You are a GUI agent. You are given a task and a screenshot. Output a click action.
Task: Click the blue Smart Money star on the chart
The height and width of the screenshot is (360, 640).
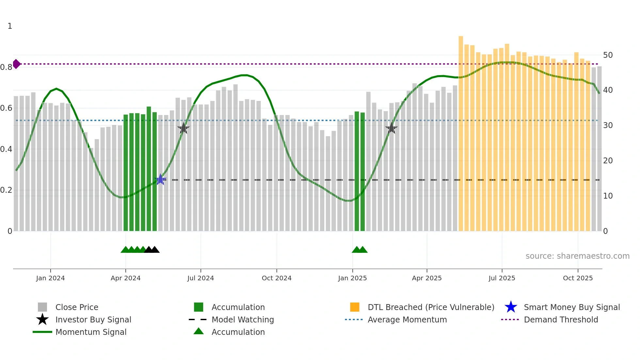coord(160,179)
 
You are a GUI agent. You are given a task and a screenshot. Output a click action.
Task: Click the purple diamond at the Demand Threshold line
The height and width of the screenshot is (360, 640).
coord(16,64)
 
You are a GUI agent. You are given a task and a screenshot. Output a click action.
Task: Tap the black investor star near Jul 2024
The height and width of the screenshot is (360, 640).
coord(184,128)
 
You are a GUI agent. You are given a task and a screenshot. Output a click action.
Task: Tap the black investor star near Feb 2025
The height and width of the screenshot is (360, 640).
coord(391,128)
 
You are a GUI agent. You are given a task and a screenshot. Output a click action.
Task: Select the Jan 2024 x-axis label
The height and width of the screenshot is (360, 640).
coord(50,278)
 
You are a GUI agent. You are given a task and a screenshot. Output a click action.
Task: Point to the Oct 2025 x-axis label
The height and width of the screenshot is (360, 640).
coord(578,278)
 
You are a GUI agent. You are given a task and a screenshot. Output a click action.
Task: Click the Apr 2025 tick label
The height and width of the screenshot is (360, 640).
coord(426,278)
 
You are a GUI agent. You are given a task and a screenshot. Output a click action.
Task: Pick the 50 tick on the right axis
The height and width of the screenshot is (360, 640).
coord(608,55)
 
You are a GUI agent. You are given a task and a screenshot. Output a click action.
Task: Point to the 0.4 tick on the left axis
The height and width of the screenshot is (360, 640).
coord(6,149)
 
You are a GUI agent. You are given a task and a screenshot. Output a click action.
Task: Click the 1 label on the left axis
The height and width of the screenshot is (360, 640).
coord(10,26)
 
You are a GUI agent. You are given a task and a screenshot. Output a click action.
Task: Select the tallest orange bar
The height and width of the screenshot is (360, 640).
coord(461,131)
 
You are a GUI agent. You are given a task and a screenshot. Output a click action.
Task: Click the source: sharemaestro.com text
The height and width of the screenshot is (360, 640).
coord(577,256)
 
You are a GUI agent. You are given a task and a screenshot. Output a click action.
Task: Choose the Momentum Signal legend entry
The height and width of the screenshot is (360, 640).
coord(91,332)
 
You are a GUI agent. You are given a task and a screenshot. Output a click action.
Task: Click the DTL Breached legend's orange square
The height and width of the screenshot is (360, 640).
coord(355,307)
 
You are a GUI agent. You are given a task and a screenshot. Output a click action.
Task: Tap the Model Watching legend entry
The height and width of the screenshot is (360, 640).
coord(243,319)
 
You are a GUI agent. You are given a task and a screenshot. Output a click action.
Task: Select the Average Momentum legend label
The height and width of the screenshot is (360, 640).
coord(407,319)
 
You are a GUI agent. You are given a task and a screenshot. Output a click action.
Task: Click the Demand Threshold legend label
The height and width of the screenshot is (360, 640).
coord(561,319)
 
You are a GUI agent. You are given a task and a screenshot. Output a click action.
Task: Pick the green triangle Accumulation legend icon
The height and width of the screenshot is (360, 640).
coord(199,331)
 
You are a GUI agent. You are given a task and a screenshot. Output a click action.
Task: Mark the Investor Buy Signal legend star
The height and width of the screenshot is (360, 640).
coord(42,319)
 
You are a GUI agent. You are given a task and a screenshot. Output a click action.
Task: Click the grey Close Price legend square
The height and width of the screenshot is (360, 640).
coord(42,307)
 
